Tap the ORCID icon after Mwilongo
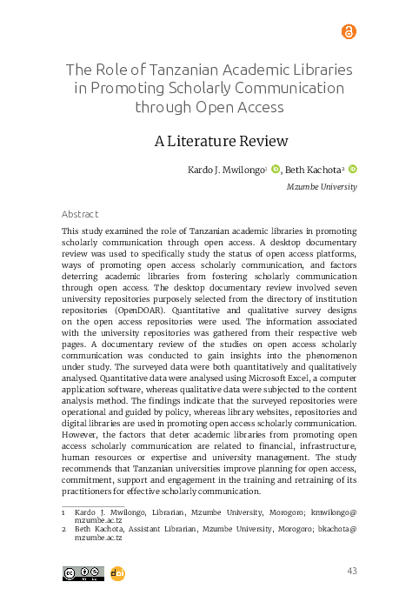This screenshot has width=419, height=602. (x=276, y=170)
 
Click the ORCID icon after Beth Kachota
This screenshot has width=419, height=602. (x=354, y=170)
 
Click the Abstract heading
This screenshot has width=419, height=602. (x=80, y=214)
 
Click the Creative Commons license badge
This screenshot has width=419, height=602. (x=83, y=572)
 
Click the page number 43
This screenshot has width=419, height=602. (x=352, y=571)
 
